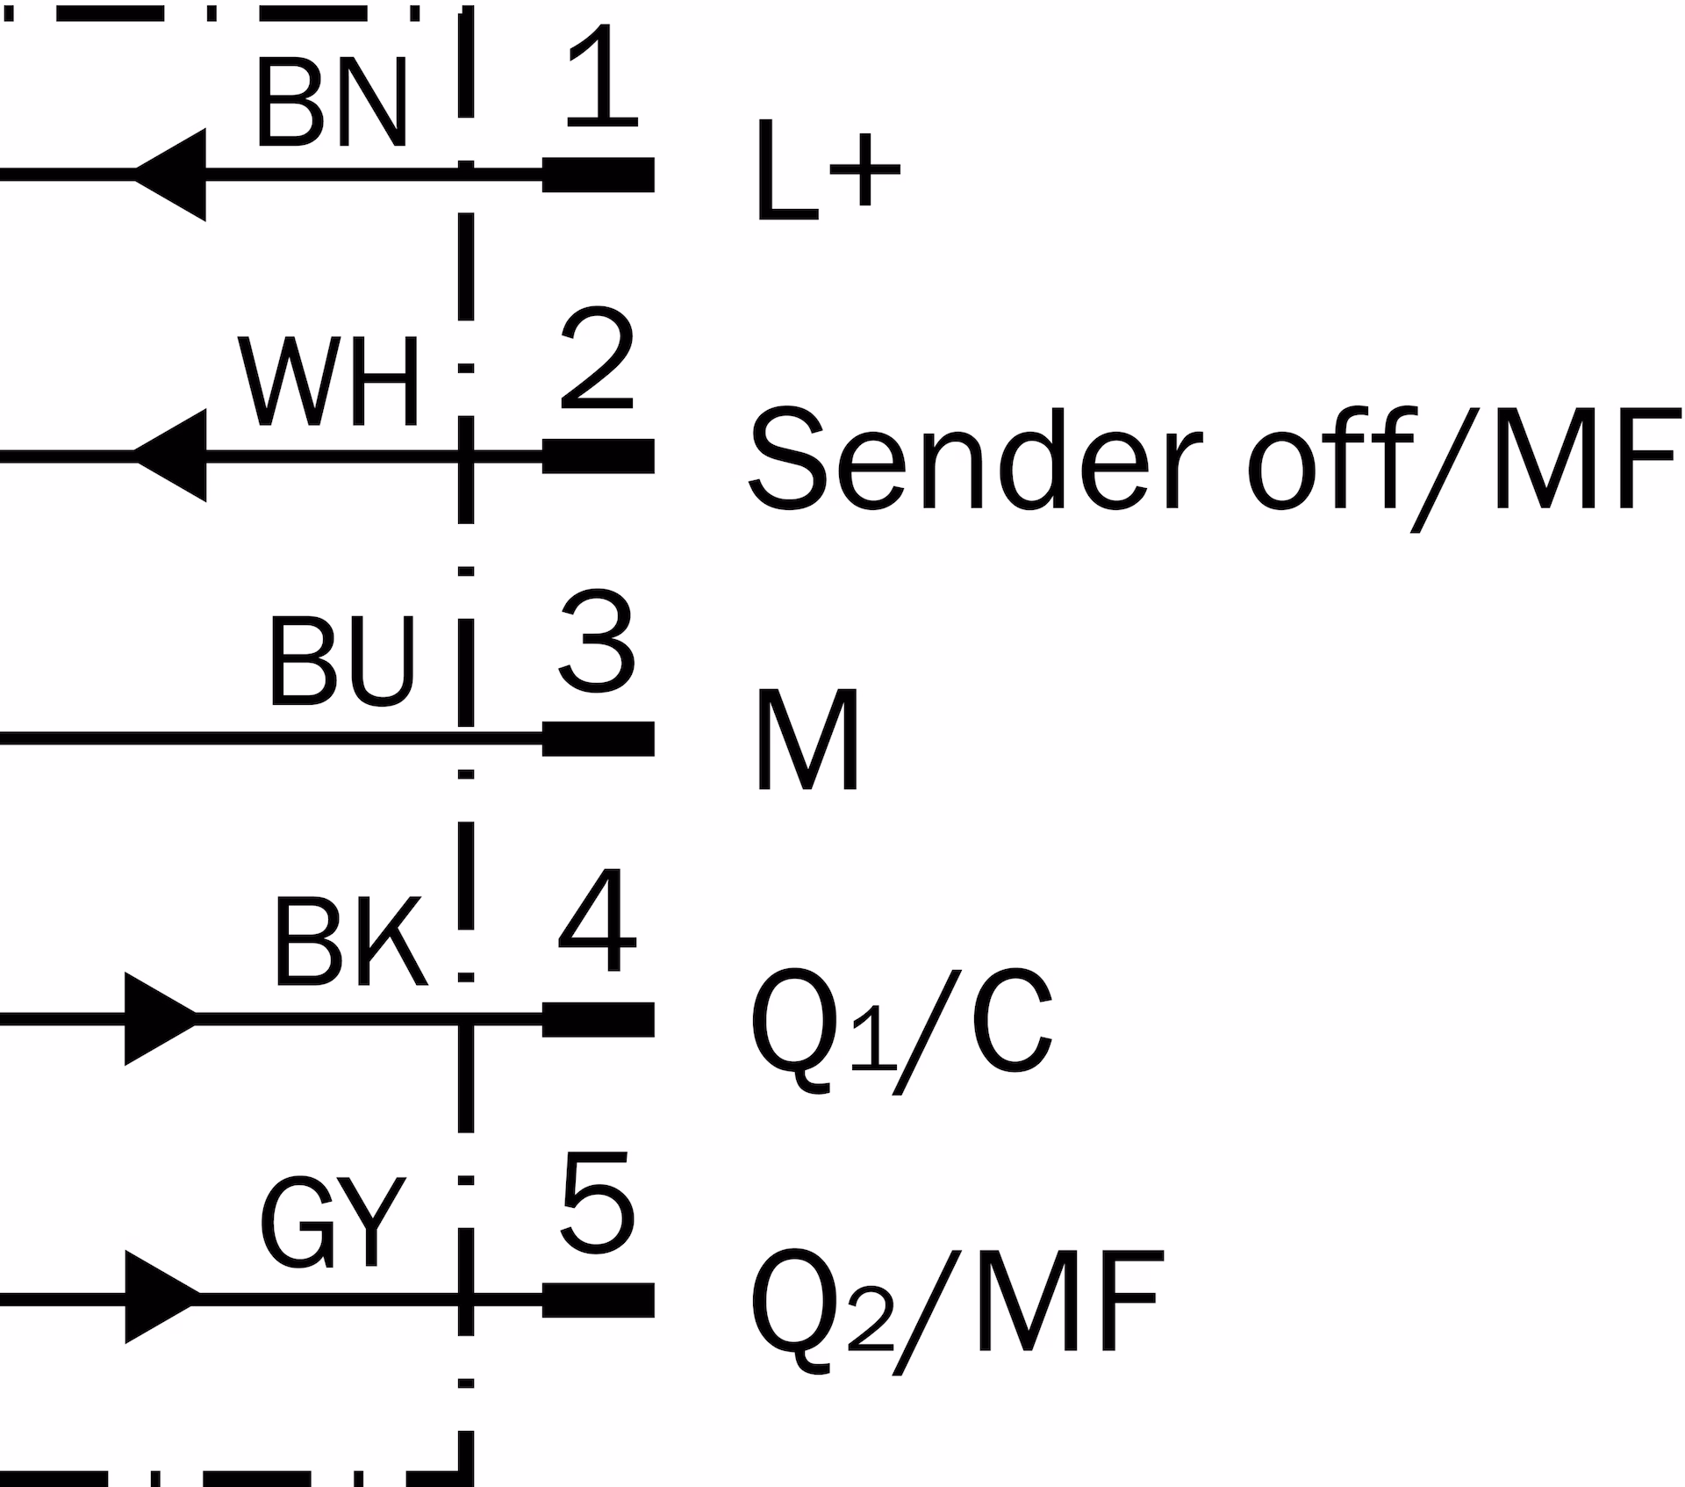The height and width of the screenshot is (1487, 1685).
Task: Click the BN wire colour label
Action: tap(332, 104)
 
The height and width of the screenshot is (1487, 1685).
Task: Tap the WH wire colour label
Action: tap(329, 383)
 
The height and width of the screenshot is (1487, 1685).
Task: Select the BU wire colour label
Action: tap(341, 662)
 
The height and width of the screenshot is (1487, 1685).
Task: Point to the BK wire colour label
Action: tap(350, 943)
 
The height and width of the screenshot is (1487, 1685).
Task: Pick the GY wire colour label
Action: tap(333, 1223)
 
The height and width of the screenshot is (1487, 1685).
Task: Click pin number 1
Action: tap(599, 75)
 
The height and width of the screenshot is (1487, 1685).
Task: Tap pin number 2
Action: tap(598, 358)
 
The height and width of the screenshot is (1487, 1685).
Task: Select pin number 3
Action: tap(598, 639)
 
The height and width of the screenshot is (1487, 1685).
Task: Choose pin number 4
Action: tap(598, 921)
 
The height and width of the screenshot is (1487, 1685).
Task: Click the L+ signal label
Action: tap(828, 172)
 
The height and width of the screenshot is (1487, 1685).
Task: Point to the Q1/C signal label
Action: tap(901, 1027)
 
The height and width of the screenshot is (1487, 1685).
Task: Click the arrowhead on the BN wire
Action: tap(172, 175)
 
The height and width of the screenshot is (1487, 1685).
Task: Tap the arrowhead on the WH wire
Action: tap(172, 456)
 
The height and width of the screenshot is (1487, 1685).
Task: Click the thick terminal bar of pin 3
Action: tap(599, 738)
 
